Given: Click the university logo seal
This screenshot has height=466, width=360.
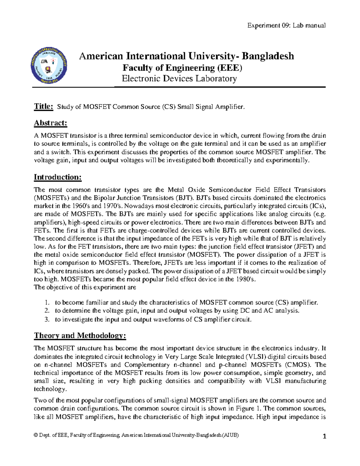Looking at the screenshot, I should pyautogui.click(x=49, y=65).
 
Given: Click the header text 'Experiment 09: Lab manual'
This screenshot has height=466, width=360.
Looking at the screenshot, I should pyautogui.click(x=286, y=26).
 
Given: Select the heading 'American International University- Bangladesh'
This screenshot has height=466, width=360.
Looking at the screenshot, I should pyautogui.click(x=186, y=56).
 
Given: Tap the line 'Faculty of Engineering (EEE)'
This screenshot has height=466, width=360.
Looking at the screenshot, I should pyautogui.click(x=182, y=68).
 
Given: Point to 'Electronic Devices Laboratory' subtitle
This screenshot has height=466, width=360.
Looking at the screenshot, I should pyautogui.click(x=179, y=79).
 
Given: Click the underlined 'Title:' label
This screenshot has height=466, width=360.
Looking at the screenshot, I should pyautogui.click(x=43, y=106).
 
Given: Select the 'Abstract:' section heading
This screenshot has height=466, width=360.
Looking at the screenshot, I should pyautogui.click(x=50, y=123).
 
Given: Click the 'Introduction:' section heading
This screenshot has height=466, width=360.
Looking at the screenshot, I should pyautogui.click(x=58, y=177).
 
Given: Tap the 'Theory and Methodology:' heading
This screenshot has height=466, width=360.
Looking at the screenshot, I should pyautogui.click(x=80, y=335).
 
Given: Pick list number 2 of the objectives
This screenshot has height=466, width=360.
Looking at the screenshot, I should pyautogui.click(x=46, y=311).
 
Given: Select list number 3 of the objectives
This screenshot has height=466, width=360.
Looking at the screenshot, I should pyautogui.click(x=46, y=320).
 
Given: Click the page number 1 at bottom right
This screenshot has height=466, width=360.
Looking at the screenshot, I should pyautogui.click(x=324, y=437).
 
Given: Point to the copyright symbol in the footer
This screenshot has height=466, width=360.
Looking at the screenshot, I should pyautogui.click(x=36, y=435).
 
